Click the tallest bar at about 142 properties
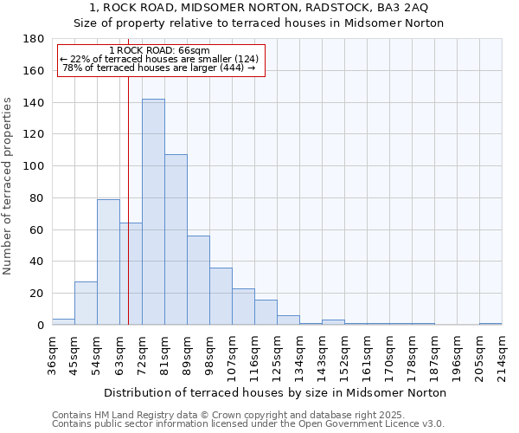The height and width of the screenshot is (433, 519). click(153, 212)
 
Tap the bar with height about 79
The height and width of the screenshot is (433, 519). click(108, 262)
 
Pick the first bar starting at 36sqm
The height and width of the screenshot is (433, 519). click(63, 322)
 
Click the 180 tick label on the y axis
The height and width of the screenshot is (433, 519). click(34, 39)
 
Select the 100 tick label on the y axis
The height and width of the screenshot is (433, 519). click(34, 166)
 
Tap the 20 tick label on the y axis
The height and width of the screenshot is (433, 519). click(37, 294)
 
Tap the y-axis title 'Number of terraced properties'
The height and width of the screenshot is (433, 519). click(8, 185)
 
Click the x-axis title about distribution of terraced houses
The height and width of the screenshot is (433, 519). click(274, 392)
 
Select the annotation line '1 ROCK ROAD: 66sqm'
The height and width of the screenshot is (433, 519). click(160, 51)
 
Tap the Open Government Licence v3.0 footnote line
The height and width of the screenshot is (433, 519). click(248, 423)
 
